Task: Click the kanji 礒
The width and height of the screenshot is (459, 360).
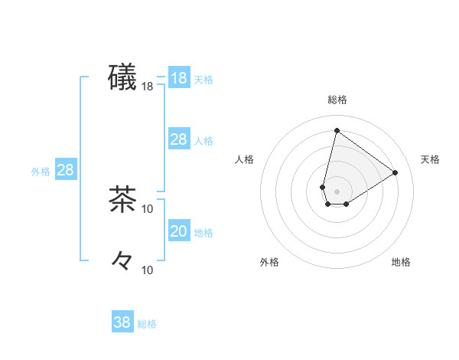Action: coord(122,77)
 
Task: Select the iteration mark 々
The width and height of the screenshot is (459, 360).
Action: coord(122,260)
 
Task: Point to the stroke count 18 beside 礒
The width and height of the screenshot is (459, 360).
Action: coord(148,87)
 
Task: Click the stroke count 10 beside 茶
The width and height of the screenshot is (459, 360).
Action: coord(148,209)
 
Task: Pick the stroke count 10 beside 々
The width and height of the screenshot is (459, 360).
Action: coord(148,270)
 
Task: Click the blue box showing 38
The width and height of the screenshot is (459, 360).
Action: coord(122,322)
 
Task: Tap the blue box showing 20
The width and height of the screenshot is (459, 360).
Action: coord(178,231)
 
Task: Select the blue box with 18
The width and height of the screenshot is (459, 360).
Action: coord(178,78)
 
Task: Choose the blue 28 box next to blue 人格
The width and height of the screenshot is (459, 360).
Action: coord(178,139)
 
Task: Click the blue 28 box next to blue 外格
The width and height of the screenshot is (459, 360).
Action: coord(65,170)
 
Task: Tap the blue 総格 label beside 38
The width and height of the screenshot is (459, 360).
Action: coord(147,324)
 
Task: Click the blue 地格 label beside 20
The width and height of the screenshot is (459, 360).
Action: coord(203,233)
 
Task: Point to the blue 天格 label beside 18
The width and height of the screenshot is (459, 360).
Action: coord(203,80)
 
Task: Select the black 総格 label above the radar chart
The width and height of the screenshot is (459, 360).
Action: coord(337,100)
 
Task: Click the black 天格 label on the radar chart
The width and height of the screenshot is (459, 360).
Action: coord(430,159)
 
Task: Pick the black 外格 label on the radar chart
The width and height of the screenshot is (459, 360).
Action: coord(269,262)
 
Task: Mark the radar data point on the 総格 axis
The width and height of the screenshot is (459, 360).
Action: coord(337,130)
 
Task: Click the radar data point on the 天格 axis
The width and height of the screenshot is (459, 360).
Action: coord(396,172)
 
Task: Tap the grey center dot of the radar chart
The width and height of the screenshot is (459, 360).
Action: coord(337,191)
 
